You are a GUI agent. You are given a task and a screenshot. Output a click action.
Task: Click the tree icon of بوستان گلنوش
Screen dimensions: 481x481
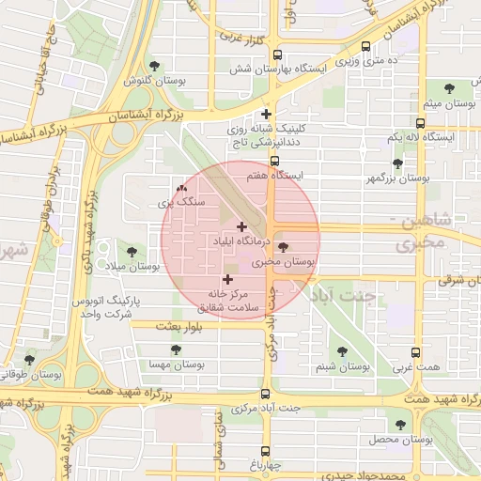(154, 66)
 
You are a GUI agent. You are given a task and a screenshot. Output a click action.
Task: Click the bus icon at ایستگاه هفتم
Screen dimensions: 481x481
(274, 161)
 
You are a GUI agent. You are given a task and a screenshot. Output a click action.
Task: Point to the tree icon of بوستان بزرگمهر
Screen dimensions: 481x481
(397, 163)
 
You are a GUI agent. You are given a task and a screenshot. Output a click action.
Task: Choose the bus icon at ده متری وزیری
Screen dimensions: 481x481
(365, 46)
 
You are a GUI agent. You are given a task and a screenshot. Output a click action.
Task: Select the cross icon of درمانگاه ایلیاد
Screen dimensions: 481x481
(242, 226)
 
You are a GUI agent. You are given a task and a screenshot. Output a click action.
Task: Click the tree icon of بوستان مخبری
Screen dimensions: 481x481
(284, 247)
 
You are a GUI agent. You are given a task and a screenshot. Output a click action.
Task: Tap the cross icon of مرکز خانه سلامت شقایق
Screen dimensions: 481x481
(227, 279)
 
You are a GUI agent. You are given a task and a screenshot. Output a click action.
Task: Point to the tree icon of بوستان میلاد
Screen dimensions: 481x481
(131, 252)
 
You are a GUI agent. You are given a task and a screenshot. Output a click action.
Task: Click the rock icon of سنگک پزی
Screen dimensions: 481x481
(181, 189)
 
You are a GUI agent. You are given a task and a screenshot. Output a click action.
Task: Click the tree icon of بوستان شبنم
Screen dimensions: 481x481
(341, 352)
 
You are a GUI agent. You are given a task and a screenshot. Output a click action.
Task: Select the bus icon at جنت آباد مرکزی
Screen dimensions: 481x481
(265, 395)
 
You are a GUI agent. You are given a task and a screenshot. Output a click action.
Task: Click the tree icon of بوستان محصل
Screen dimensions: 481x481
(401, 425)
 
